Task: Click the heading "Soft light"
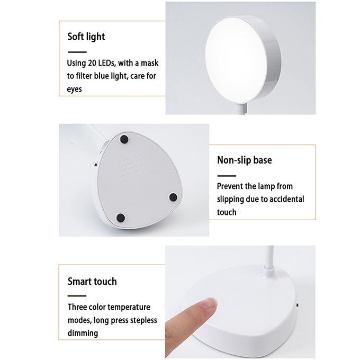[86, 37]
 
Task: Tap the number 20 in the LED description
[92, 63]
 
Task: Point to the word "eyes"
[75, 89]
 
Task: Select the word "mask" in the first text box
[149, 63]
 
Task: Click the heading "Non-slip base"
[244, 160]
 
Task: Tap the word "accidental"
[287, 199]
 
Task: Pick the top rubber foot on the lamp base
[124, 139]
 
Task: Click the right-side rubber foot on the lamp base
[173, 197]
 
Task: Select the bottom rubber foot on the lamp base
[121, 217]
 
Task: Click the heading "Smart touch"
[92, 282]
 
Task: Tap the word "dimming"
[83, 333]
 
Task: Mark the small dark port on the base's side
[298, 305]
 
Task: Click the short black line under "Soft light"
[77, 52]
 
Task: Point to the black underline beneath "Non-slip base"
[227, 176]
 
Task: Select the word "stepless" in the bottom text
[143, 320]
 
